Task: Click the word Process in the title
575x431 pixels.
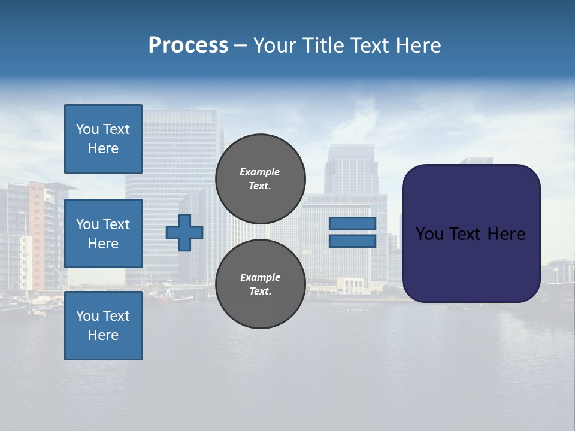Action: [x=188, y=45]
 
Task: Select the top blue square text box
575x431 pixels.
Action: [x=103, y=139]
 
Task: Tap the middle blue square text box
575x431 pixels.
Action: [x=103, y=233]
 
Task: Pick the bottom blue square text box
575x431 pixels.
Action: [x=103, y=326]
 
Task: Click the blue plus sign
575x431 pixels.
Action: [x=184, y=232]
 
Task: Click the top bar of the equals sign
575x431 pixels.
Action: [x=352, y=223]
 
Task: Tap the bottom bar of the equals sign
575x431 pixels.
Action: [x=352, y=241]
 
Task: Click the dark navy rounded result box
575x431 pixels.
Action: [x=471, y=263]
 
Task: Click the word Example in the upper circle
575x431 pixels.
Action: [x=259, y=172]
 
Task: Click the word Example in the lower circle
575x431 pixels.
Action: [x=260, y=277]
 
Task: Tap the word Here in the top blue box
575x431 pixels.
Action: [x=103, y=148]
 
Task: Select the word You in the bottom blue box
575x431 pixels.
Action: [x=87, y=316]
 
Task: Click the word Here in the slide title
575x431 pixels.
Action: [x=417, y=45]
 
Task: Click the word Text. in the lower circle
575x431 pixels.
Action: [x=260, y=292]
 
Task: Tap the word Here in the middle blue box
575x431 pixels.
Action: [x=103, y=244]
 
